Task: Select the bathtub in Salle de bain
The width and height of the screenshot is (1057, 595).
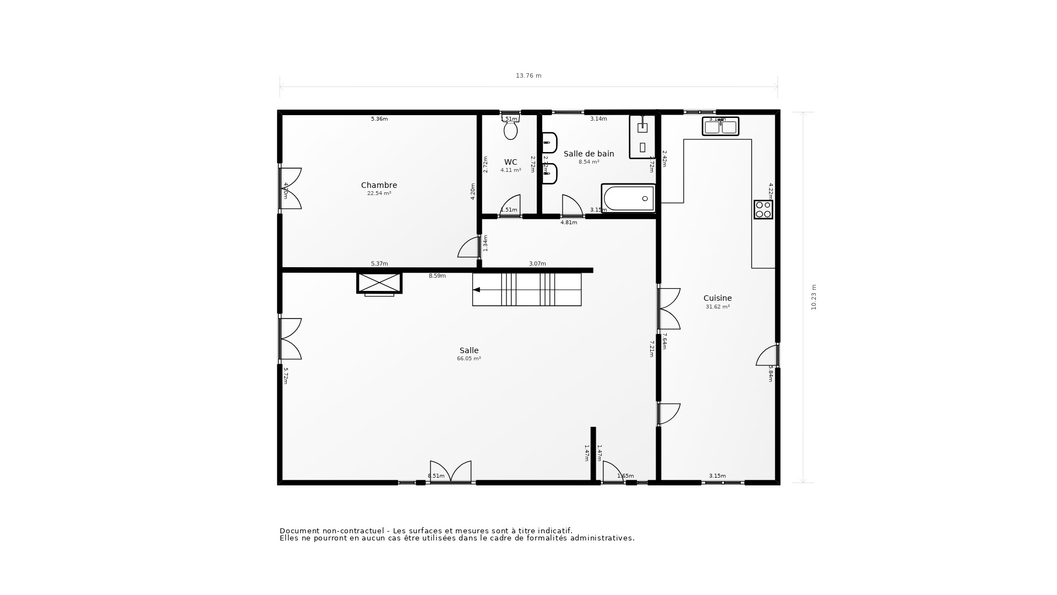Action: pos(628,198)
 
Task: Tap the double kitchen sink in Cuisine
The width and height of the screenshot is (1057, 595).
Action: pos(720,127)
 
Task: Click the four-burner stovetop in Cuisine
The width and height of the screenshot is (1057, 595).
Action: pos(763,209)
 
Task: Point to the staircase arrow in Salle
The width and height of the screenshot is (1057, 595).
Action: pos(477,290)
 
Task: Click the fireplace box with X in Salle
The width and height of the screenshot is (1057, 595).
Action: pos(379,283)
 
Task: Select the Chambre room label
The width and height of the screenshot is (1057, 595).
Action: pos(379,185)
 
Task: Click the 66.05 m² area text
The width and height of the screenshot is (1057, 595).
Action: pos(468,359)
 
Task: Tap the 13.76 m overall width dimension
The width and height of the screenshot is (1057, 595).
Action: pos(528,76)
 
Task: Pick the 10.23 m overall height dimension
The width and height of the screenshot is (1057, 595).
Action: pos(814,297)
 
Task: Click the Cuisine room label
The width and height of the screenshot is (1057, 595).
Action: pos(717,298)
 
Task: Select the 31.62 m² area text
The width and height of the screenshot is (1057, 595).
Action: pos(717,307)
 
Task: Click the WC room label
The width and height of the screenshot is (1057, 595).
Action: pos(510,162)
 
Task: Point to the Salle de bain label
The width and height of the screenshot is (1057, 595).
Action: pos(589,154)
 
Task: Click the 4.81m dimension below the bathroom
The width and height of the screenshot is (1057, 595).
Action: pos(569,223)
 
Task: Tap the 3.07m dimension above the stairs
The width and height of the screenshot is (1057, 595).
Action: pos(537,264)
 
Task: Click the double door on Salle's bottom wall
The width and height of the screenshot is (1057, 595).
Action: pos(450,473)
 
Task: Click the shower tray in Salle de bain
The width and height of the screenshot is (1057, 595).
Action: pos(642,137)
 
